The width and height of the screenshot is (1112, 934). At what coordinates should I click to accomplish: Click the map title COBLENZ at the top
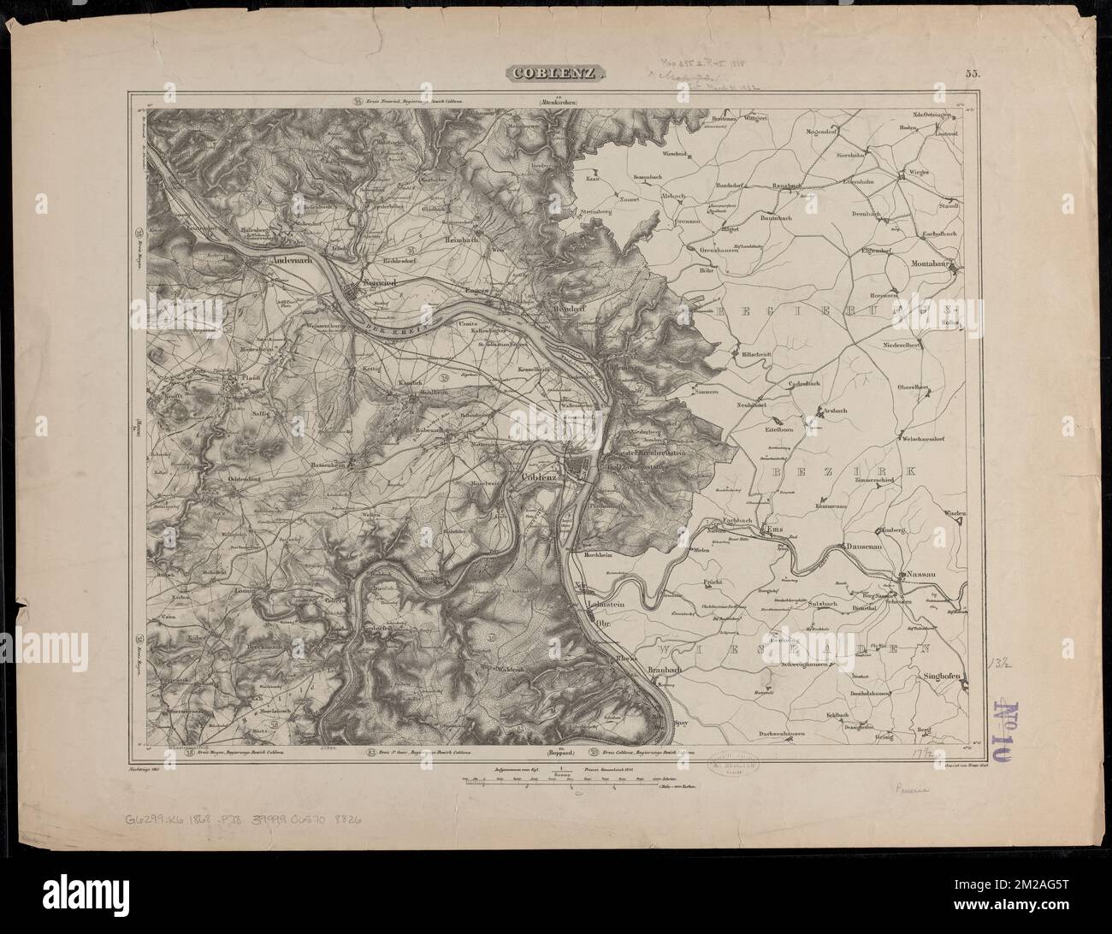(556, 74)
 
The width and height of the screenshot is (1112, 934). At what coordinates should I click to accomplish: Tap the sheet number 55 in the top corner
(973, 74)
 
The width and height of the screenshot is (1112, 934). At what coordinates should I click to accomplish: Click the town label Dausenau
(863, 544)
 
